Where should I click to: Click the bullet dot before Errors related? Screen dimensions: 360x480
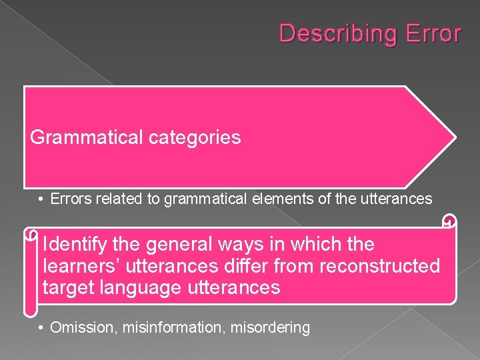[x=41, y=199]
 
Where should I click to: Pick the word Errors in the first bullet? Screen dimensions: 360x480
[x=70, y=199]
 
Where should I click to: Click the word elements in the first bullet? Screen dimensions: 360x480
[x=277, y=199]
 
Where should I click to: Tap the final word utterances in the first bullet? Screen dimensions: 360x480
[x=395, y=199]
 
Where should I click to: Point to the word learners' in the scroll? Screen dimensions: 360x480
[x=79, y=267]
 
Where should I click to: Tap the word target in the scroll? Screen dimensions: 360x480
[x=66, y=289]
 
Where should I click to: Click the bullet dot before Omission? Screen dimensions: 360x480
[x=41, y=327]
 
